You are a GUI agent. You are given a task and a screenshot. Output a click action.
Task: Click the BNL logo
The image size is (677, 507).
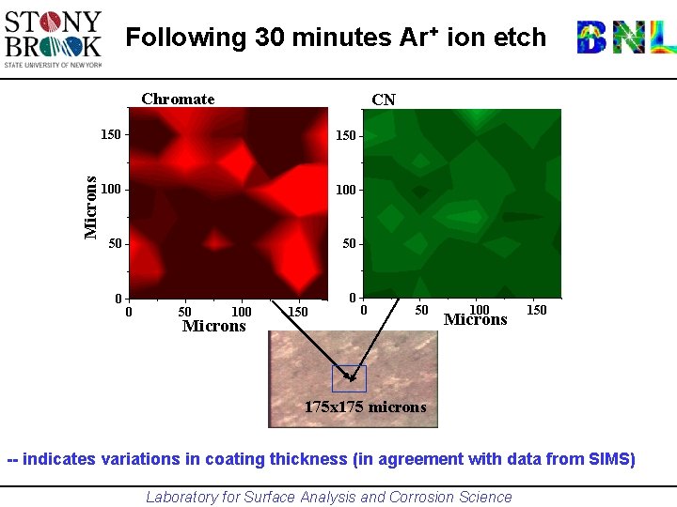[625, 37]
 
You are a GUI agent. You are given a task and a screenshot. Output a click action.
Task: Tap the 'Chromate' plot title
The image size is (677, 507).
[178, 100]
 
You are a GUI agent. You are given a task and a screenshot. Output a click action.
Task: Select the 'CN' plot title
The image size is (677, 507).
[383, 100]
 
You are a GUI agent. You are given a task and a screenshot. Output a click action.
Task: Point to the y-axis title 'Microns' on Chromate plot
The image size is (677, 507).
[91, 207]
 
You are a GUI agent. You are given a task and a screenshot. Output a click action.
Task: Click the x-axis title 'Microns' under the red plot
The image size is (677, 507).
[213, 327]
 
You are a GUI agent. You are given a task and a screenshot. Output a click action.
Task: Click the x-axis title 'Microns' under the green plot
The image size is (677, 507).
[475, 320]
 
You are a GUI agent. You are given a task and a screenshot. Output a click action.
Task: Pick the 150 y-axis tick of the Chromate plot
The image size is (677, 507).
[111, 134]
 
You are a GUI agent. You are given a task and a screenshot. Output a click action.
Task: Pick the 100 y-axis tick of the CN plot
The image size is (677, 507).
[346, 191]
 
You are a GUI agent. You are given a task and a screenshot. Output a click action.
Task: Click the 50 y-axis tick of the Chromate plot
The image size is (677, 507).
[115, 244]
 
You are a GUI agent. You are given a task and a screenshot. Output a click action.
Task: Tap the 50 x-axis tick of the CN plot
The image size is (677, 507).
[421, 310]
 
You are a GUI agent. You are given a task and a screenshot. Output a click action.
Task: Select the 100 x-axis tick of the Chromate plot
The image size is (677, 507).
[242, 312]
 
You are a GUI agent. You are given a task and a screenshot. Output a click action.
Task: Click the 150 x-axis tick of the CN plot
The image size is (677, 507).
[536, 310]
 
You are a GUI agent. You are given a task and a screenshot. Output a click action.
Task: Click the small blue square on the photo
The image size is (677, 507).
[349, 378]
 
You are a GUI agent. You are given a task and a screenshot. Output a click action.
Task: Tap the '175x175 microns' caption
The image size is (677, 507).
[365, 407]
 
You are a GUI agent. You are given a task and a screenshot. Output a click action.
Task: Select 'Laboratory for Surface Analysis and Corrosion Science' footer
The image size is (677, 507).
[329, 498]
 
